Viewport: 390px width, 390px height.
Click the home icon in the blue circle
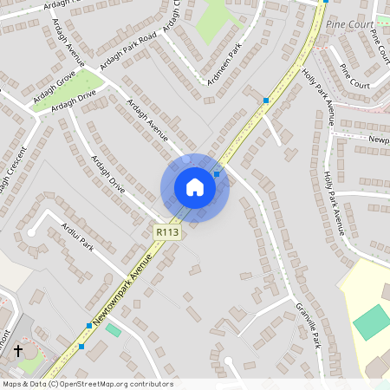(194, 187)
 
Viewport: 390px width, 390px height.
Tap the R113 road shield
(167, 232)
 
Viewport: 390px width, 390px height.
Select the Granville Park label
(309, 326)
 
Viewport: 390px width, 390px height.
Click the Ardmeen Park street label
(222, 65)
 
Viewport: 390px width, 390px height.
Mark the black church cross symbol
(17, 350)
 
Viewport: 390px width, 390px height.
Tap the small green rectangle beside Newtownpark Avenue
(114, 330)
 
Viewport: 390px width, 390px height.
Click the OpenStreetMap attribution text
(87, 384)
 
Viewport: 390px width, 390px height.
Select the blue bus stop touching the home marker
(217, 174)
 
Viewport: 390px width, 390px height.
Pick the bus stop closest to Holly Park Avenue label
(265, 101)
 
